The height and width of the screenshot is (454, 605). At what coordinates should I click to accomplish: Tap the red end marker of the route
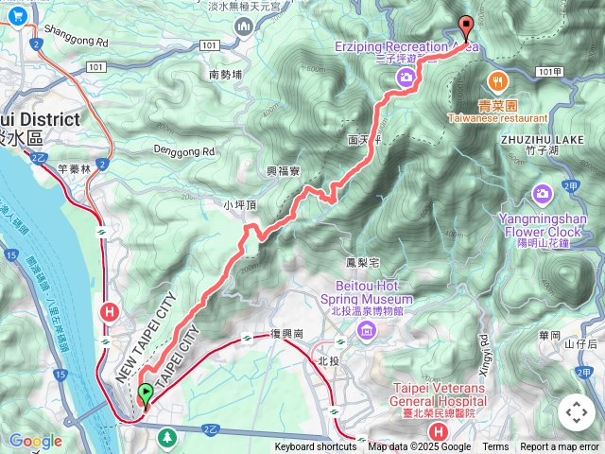tap(464, 27)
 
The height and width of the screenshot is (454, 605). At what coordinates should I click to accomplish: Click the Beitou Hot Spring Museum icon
tap(366, 330)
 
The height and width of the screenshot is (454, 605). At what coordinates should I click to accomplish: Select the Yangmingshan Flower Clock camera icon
tap(543, 195)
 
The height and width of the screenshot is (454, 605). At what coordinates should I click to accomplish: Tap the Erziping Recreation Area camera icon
tap(405, 77)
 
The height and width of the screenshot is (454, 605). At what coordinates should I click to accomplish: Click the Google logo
tap(35, 441)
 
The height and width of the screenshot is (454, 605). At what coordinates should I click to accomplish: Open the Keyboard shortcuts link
tap(316, 447)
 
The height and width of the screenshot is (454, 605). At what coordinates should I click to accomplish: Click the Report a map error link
tap(560, 447)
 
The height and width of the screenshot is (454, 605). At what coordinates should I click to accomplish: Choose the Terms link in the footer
tap(495, 447)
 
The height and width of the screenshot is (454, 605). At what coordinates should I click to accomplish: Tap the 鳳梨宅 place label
tap(362, 261)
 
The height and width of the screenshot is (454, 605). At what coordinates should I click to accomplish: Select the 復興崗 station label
tap(285, 335)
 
